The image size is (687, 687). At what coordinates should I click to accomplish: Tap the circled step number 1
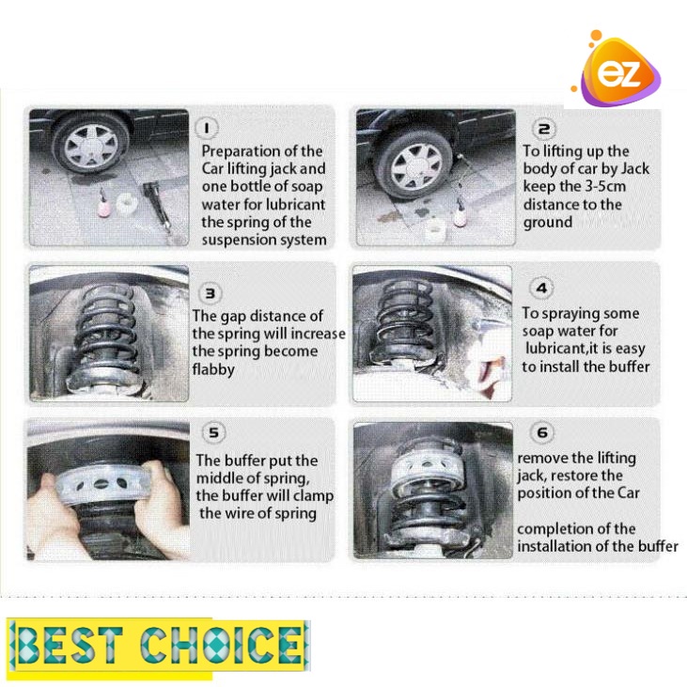(206, 128)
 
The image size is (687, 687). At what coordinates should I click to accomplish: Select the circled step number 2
(543, 129)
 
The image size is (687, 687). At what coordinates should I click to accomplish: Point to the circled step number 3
(210, 293)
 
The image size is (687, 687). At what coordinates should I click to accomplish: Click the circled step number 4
(541, 288)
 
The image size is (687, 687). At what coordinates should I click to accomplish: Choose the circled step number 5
(213, 432)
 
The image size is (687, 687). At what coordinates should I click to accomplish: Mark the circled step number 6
(542, 432)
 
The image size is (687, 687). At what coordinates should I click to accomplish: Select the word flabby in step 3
(213, 369)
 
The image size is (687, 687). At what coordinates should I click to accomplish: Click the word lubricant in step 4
(555, 348)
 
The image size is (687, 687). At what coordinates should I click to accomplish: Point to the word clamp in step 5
(313, 496)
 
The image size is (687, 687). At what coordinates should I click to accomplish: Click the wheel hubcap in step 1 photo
(91, 147)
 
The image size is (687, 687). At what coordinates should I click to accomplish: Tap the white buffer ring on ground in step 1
(127, 204)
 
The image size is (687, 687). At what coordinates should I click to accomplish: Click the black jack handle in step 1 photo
(157, 205)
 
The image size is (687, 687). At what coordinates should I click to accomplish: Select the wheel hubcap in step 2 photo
(415, 167)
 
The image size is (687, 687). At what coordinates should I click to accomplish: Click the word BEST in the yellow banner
(68, 646)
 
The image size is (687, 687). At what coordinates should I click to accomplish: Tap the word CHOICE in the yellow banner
(221, 645)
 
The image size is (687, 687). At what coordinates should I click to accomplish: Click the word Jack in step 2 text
(635, 168)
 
